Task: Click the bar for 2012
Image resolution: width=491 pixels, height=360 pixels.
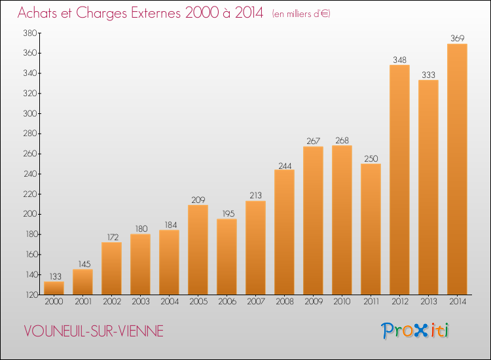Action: point(399,180)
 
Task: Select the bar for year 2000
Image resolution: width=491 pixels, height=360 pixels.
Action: point(54,288)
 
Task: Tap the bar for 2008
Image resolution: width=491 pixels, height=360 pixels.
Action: point(284,232)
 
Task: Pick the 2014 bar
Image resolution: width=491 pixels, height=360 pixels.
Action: point(457,169)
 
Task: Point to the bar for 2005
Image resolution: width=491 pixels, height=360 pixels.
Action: point(198,250)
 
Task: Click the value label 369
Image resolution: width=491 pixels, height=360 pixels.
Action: point(457,38)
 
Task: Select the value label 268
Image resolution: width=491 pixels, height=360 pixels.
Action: point(342,140)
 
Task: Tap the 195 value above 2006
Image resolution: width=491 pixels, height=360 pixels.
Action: point(228,213)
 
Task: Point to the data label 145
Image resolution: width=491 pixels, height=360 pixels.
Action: point(84,264)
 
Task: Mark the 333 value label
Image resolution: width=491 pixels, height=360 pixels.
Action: point(428,75)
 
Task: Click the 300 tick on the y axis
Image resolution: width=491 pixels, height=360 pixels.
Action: point(30,113)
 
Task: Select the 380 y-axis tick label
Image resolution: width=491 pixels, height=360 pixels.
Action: point(30,33)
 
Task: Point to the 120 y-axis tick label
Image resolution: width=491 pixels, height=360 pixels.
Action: point(31,295)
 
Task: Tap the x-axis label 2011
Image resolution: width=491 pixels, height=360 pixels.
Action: point(371,302)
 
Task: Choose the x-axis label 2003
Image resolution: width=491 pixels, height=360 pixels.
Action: point(141,302)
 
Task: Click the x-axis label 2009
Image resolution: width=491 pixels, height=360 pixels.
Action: point(314,302)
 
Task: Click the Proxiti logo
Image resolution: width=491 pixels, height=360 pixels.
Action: point(415,331)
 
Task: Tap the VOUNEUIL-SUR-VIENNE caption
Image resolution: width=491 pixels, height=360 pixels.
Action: point(94,331)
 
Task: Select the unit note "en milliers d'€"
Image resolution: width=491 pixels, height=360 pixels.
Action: point(301,14)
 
